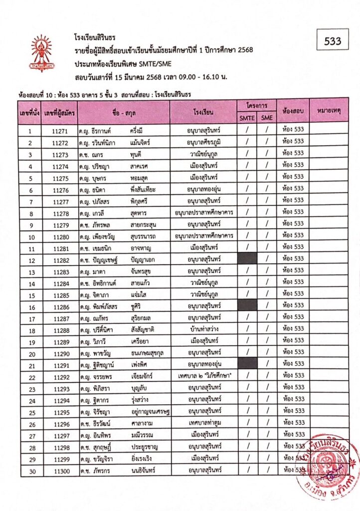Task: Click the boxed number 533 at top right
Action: [333, 41]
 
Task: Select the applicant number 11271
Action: [59, 131]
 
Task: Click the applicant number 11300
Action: [59, 470]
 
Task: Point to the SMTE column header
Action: [247, 118]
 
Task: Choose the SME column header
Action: [267, 118]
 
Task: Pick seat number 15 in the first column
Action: [31, 293]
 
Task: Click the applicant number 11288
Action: [59, 329]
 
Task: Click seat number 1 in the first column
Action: [31, 131]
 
